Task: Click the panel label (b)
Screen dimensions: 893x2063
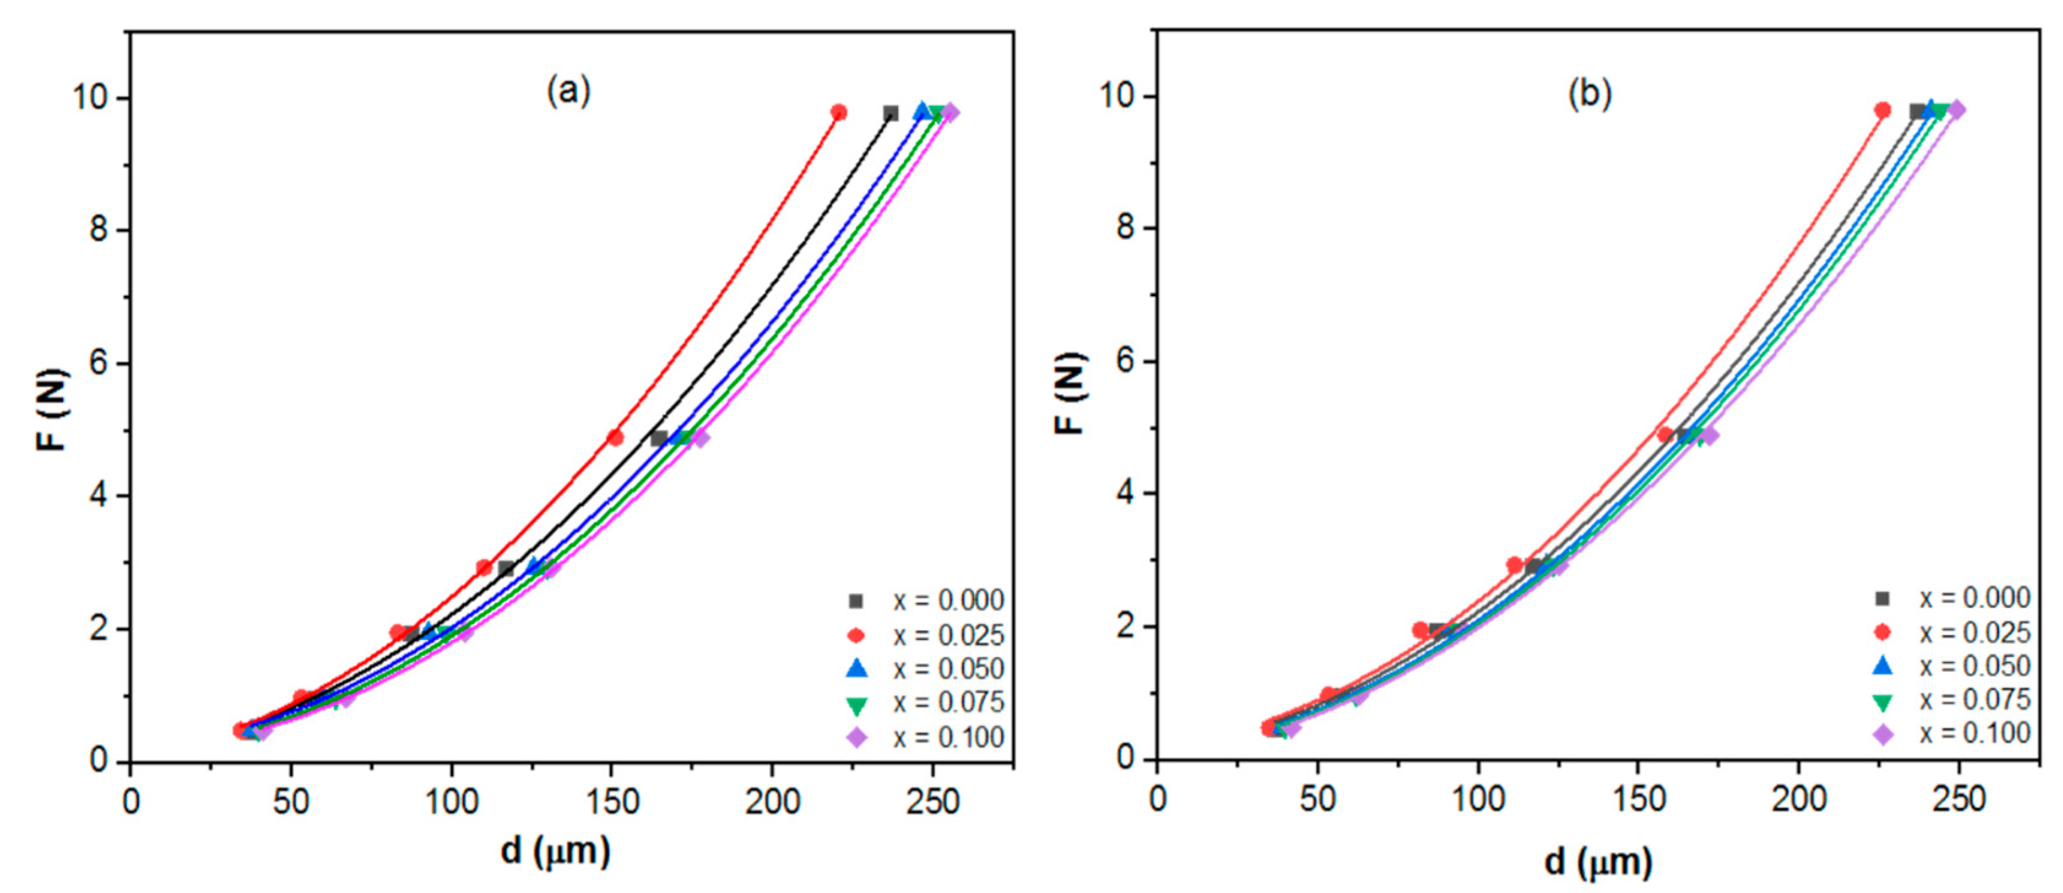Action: coord(1589,93)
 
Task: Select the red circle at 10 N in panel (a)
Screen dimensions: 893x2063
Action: coord(838,112)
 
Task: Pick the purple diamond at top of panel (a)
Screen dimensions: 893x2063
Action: coord(951,112)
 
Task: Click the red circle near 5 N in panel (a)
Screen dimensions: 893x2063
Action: coord(614,437)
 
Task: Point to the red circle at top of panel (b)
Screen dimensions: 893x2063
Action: coord(1882,110)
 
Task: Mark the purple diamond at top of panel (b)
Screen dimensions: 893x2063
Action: coord(1956,110)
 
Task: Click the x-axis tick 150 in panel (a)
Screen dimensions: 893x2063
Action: coord(611,802)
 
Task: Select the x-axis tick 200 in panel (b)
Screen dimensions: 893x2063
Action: coord(1799,799)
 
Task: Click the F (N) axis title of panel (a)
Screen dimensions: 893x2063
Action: coord(52,408)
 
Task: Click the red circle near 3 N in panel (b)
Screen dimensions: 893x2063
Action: coord(1514,564)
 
